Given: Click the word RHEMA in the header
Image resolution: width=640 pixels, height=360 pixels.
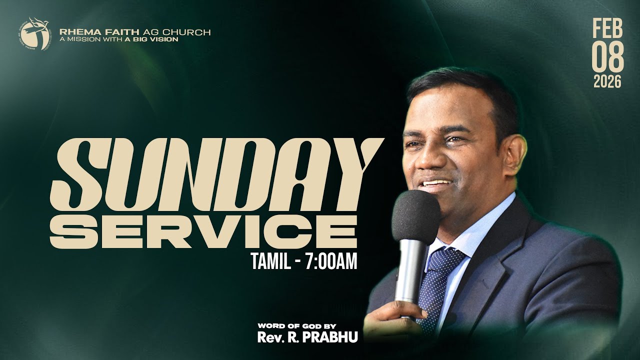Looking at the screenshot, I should tap(73, 32).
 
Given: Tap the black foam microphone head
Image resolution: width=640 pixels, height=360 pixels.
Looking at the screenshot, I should tap(416, 215).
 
